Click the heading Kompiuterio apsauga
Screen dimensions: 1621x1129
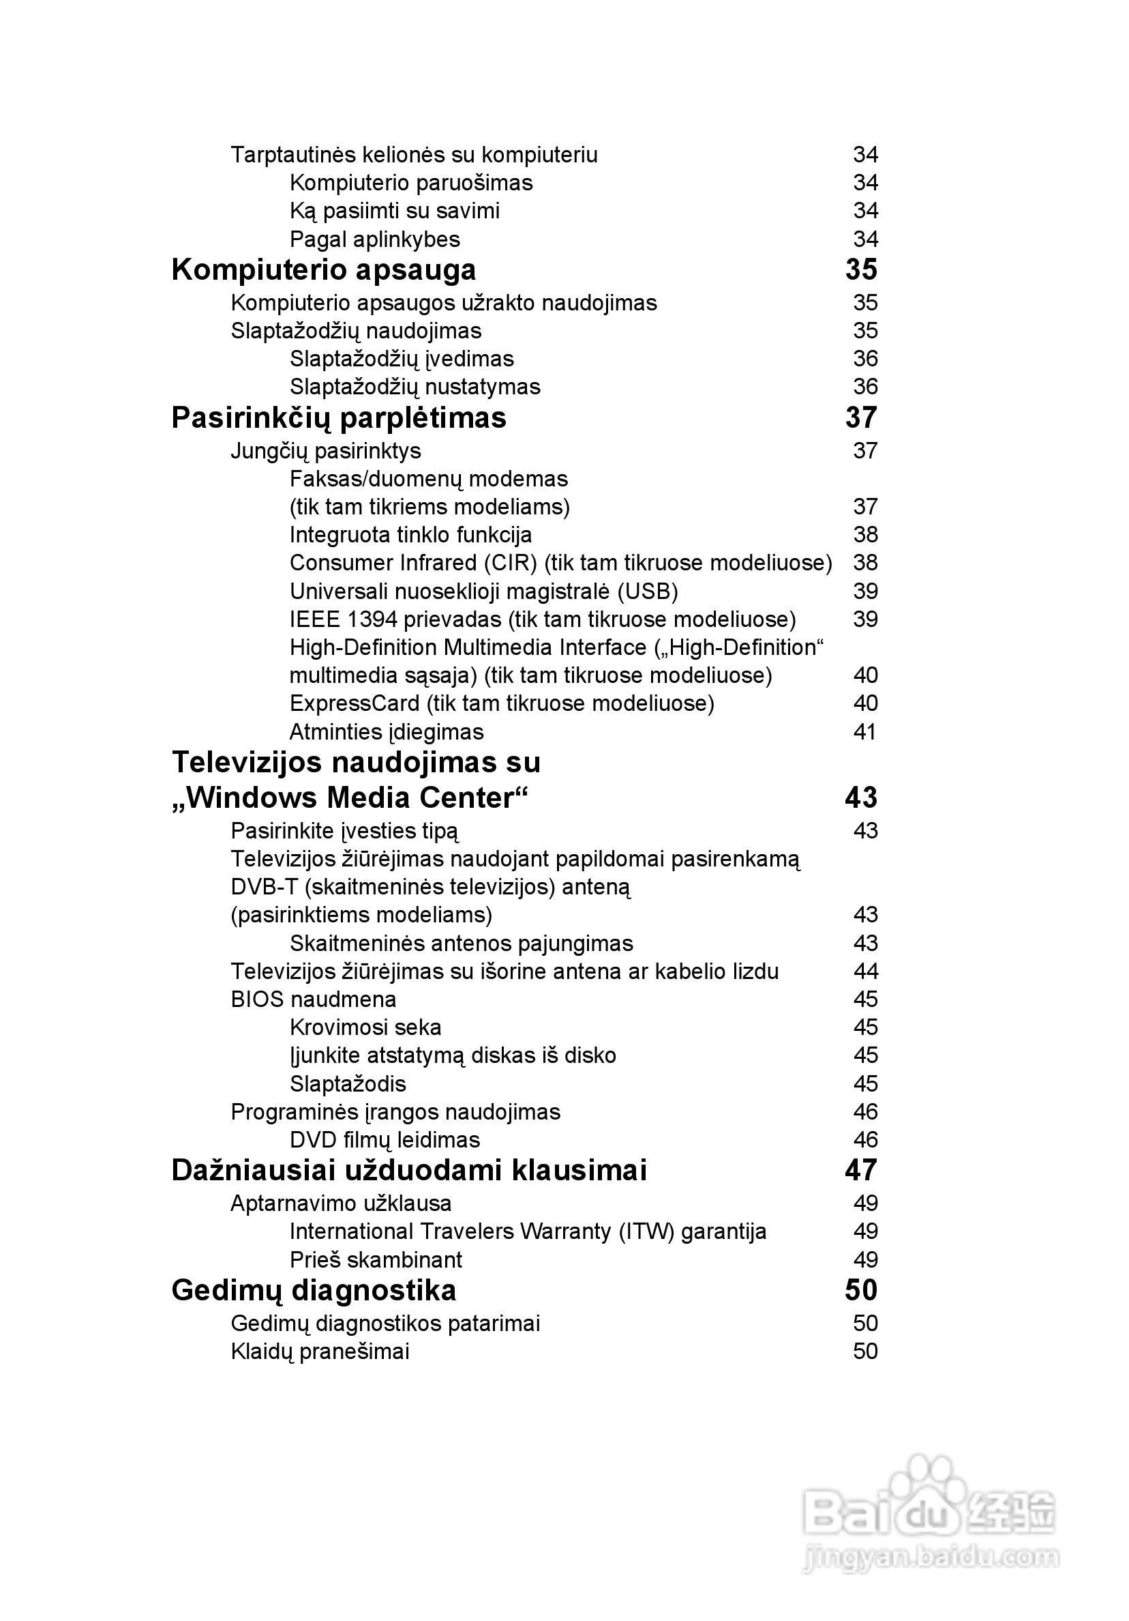click(x=323, y=269)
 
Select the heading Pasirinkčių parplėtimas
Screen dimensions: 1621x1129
click(x=339, y=418)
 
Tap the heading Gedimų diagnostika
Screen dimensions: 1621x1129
click(x=314, y=1291)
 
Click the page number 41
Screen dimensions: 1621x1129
click(x=864, y=731)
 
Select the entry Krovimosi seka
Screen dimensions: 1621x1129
click(x=365, y=1027)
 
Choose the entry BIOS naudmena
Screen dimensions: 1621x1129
click(x=314, y=999)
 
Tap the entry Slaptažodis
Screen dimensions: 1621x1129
click(x=348, y=1083)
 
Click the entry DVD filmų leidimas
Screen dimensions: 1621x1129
click(x=385, y=1139)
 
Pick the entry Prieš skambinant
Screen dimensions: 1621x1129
click(x=376, y=1259)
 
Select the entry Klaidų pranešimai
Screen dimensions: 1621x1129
click(x=320, y=1352)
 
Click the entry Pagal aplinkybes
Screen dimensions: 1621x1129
click(x=375, y=239)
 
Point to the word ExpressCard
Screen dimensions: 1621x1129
click(x=355, y=703)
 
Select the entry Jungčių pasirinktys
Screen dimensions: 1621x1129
click(x=325, y=450)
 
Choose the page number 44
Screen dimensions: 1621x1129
click(x=865, y=972)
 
